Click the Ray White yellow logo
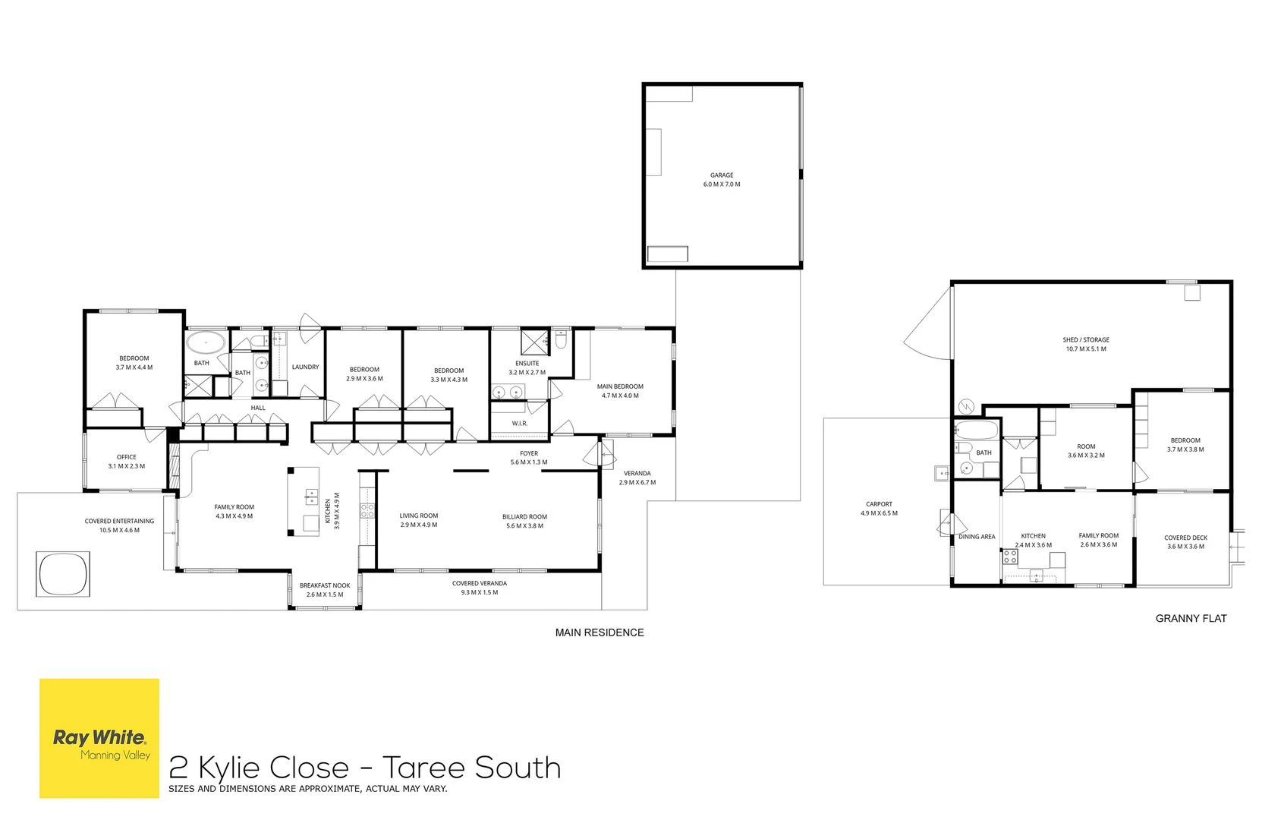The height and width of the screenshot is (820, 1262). click(x=99, y=738)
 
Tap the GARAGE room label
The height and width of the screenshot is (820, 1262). click(x=722, y=175)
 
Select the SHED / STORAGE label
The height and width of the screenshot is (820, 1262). click(x=1086, y=340)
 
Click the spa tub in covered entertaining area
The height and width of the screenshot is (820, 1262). click(x=63, y=574)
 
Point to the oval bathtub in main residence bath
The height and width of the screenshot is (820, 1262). click(x=206, y=342)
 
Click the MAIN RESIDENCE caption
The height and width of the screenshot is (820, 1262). click(x=600, y=632)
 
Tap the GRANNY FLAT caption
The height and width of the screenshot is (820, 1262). click(x=1191, y=619)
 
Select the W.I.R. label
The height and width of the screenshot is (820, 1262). click(x=519, y=424)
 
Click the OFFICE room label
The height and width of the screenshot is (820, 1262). click(x=127, y=457)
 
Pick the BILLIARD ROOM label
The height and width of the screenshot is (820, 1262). click(x=524, y=517)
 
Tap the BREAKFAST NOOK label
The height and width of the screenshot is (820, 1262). click(x=325, y=585)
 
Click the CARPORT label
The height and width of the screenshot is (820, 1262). click(x=879, y=504)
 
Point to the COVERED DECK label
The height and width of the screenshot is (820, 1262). click(x=1185, y=538)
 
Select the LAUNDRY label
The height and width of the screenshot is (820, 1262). click(x=306, y=367)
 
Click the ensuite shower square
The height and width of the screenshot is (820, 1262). click(x=534, y=342)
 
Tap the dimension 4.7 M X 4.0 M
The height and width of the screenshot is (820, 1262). click(x=620, y=396)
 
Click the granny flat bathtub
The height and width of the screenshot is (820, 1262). click(x=976, y=430)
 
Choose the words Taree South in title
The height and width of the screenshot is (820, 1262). click(x=471, y=768)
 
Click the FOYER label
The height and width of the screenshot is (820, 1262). click(x=529, y=453)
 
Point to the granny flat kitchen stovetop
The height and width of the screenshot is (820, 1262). click(x=1010, y=558)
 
